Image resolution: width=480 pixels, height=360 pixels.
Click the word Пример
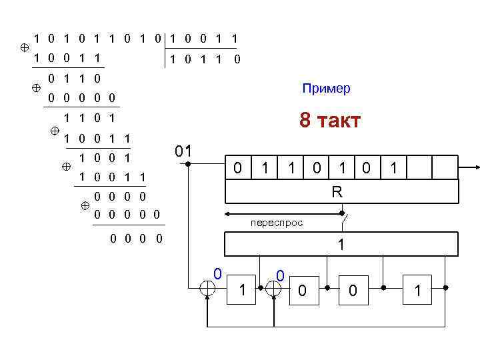326,89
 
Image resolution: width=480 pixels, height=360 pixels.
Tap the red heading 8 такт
330,121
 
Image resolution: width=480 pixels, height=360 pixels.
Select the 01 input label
183,151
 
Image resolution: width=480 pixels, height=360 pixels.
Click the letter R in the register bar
337,193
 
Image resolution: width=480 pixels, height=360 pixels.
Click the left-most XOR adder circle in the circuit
209,289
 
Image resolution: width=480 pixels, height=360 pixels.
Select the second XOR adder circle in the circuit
273,289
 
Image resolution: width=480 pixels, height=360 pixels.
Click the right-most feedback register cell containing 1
418,289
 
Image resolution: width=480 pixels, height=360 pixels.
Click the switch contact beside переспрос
343,214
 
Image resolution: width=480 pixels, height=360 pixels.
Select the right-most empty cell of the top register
445,168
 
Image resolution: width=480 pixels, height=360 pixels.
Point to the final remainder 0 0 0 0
136,238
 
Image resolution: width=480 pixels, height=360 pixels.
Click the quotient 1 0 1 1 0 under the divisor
204,60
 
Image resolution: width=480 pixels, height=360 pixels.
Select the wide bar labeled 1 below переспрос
342,244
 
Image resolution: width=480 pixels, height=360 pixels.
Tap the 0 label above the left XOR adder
216,272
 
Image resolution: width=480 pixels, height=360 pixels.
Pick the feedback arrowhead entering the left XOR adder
209,301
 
